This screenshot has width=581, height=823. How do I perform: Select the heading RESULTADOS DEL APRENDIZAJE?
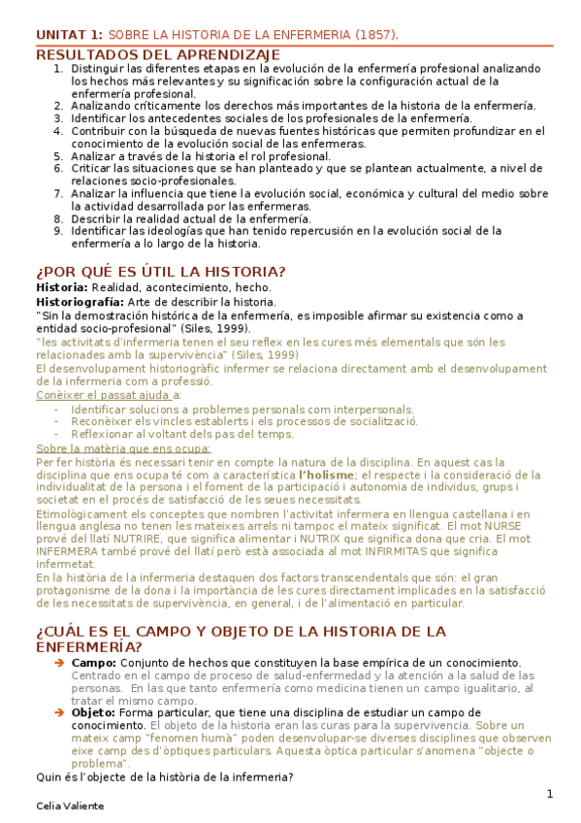[x=158, y=54]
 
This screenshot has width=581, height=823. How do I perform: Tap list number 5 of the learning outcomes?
[x=58, y=154]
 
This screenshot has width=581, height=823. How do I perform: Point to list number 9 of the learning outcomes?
[x=58, y=231]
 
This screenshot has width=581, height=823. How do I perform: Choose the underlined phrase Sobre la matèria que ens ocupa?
[x=122, y=449]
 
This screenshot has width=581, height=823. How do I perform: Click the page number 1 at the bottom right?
[x=549, y=795]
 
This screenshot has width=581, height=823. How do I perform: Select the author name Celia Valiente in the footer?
[x=69, y=807]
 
